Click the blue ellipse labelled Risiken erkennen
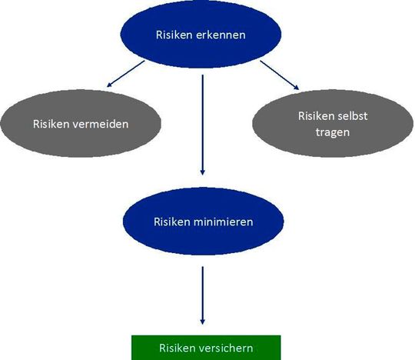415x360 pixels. [x=201, y=35]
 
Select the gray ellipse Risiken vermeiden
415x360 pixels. [x=81, y=123]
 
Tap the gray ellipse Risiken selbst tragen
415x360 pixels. [x=333, y=123]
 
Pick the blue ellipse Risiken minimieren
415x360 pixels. [x=203, y=222]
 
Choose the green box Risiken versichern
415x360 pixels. [x=206, y=348]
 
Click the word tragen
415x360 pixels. [x=333, y=132]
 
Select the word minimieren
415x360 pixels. [x=223, y=222]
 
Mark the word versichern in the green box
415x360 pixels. [x=226, y=348]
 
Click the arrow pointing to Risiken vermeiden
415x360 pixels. [x=126, y=74]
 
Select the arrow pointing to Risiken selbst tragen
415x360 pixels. [x=280, y=75]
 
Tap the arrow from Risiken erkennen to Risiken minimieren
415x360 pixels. [x=202, y=125]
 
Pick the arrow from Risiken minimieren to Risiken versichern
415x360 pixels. [x=202, y=295]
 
